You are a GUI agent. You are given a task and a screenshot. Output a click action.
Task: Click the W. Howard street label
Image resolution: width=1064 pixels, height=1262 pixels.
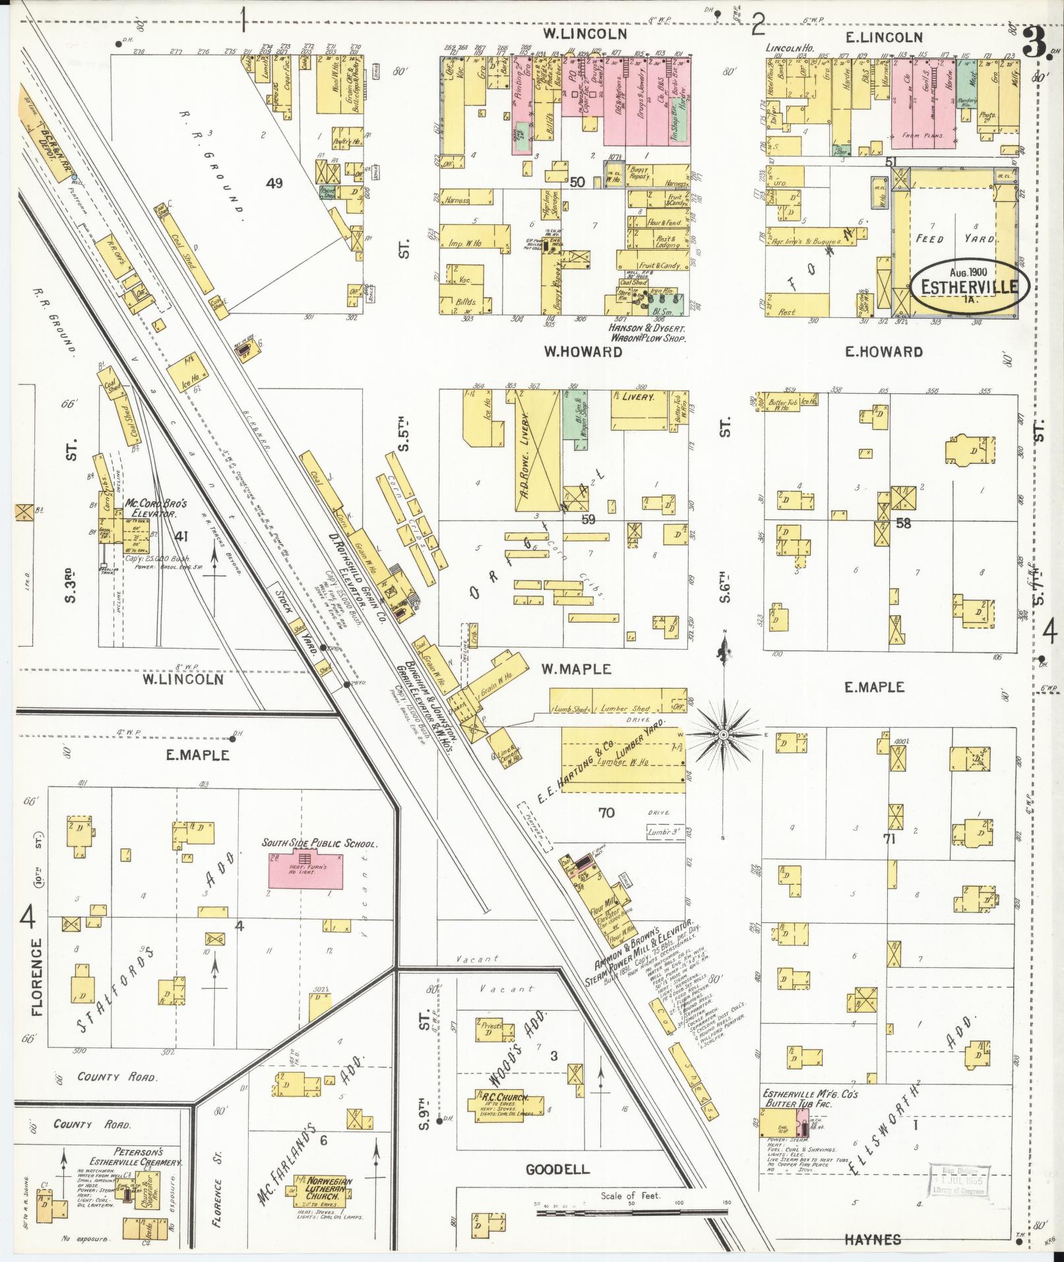point(582,352)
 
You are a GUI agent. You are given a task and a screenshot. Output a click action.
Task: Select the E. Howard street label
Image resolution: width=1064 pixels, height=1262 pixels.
point(883,352)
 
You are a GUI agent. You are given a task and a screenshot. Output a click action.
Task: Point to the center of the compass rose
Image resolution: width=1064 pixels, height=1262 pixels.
point(724,734)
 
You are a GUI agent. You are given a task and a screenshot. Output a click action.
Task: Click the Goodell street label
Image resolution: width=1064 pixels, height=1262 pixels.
point(557,1170)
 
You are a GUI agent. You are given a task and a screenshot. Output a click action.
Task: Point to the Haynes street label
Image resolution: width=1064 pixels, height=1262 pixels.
point(872,1240)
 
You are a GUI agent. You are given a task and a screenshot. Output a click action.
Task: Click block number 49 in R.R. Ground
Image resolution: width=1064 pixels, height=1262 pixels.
point(274,183)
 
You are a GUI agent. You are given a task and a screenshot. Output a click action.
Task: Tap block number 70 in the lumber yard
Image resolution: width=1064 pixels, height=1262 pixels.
point(606,812)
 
